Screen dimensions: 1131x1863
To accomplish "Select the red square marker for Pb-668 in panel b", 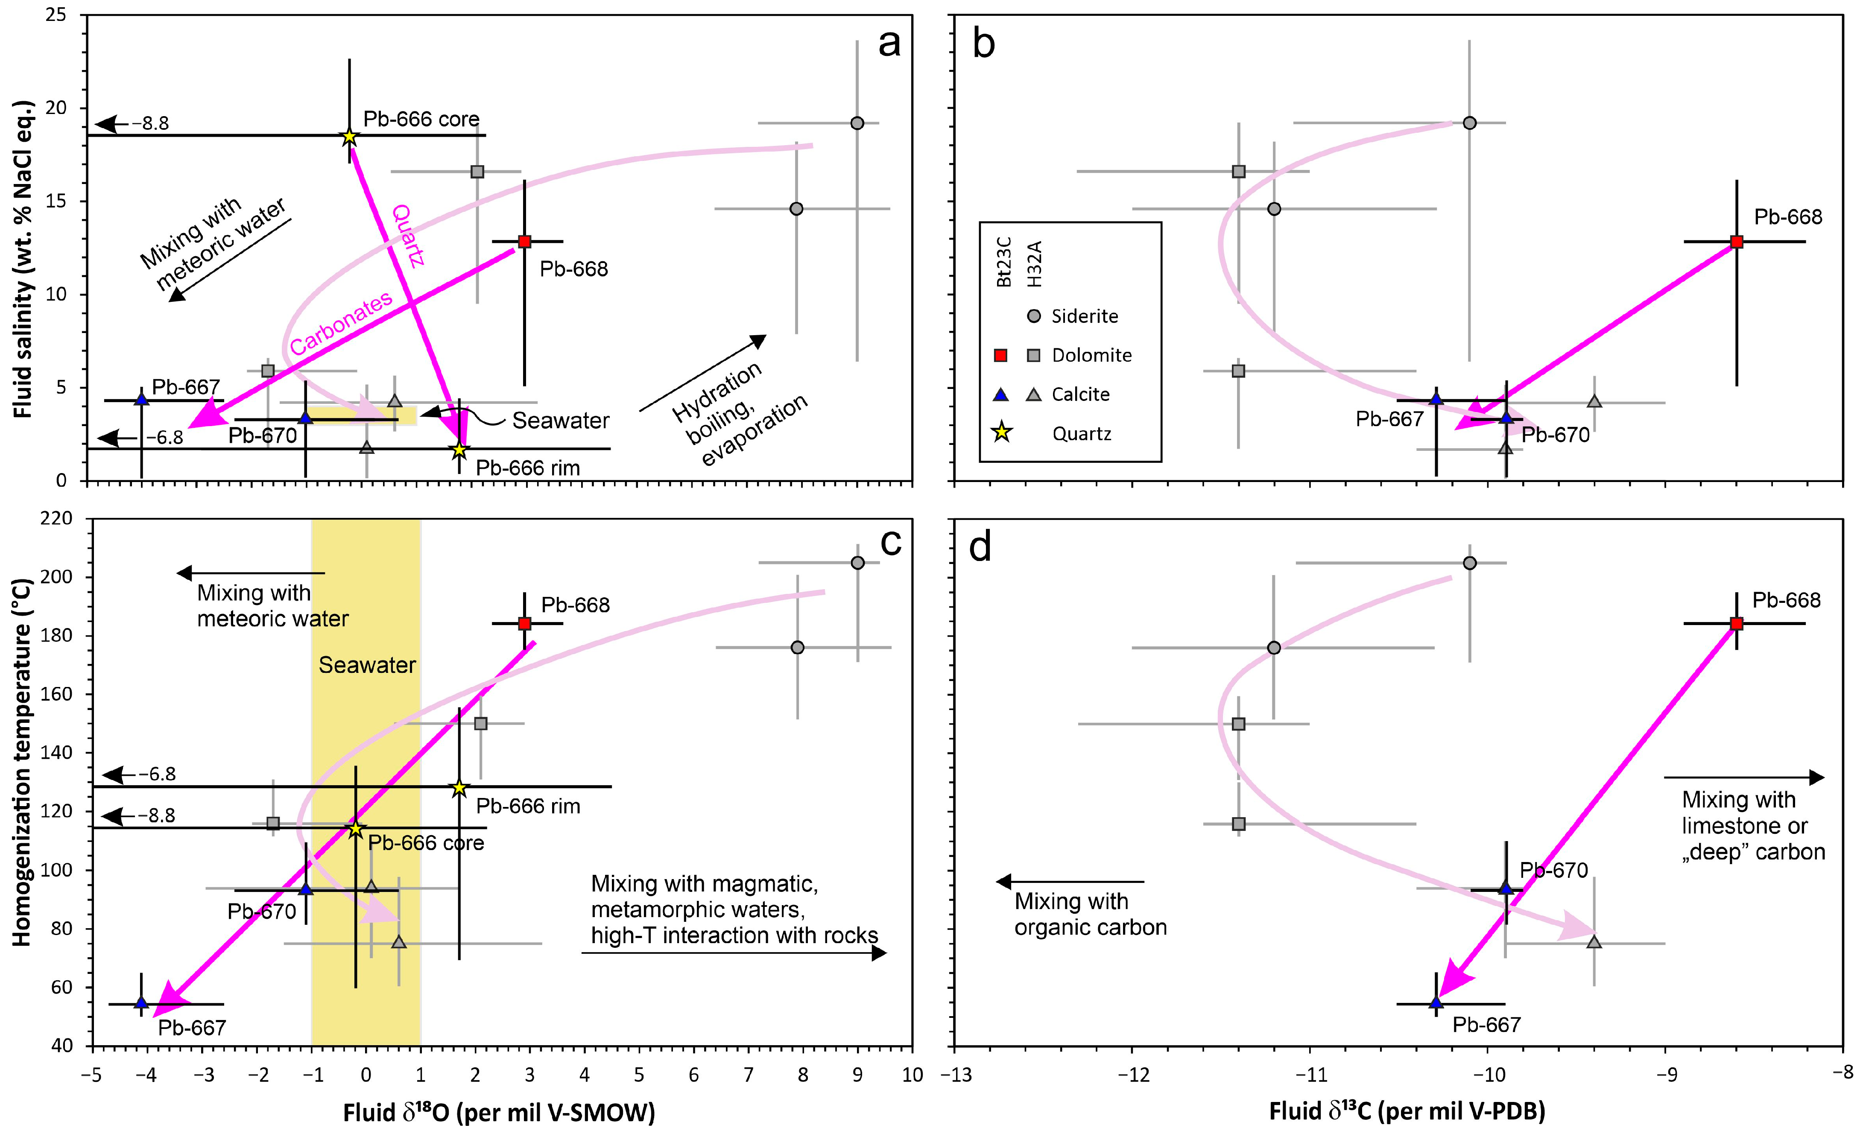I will [x=1737, y=242].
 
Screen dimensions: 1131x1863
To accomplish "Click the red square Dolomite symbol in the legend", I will [x=1000, y=355].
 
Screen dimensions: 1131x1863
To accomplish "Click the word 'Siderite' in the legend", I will [x=1084, y=316].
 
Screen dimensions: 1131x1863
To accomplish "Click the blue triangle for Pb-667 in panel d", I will [x=1436, y=1002].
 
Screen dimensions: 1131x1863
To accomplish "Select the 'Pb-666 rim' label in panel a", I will [x=528, y=468].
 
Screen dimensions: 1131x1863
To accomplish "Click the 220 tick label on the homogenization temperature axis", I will [x=58, y=519].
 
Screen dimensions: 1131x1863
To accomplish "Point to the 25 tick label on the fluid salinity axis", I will [x=56, y=15].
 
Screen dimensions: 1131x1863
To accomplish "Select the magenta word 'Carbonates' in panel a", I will [x=341, y=323].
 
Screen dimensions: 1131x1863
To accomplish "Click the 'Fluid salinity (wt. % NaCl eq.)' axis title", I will [x=24, y=259].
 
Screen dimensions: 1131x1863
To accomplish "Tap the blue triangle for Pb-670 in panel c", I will [x=306, y=888].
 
